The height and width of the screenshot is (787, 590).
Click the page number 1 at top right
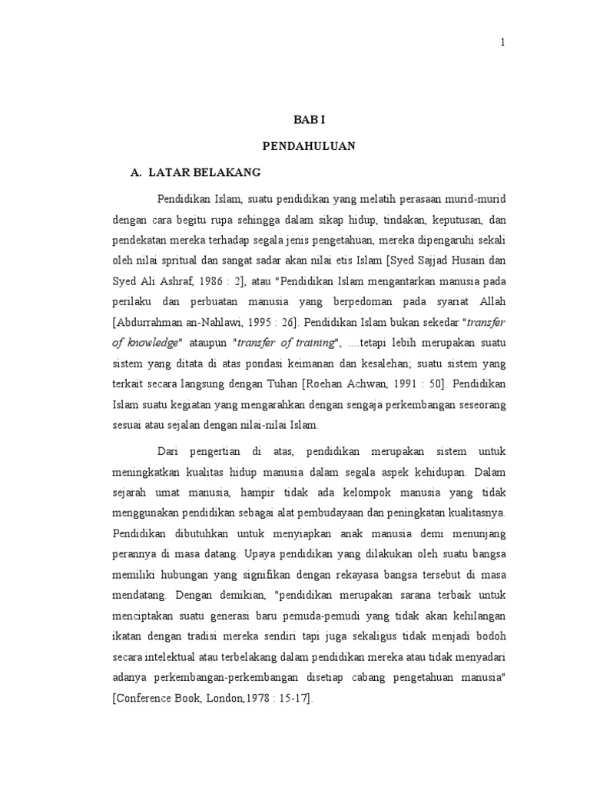coord(502,43)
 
